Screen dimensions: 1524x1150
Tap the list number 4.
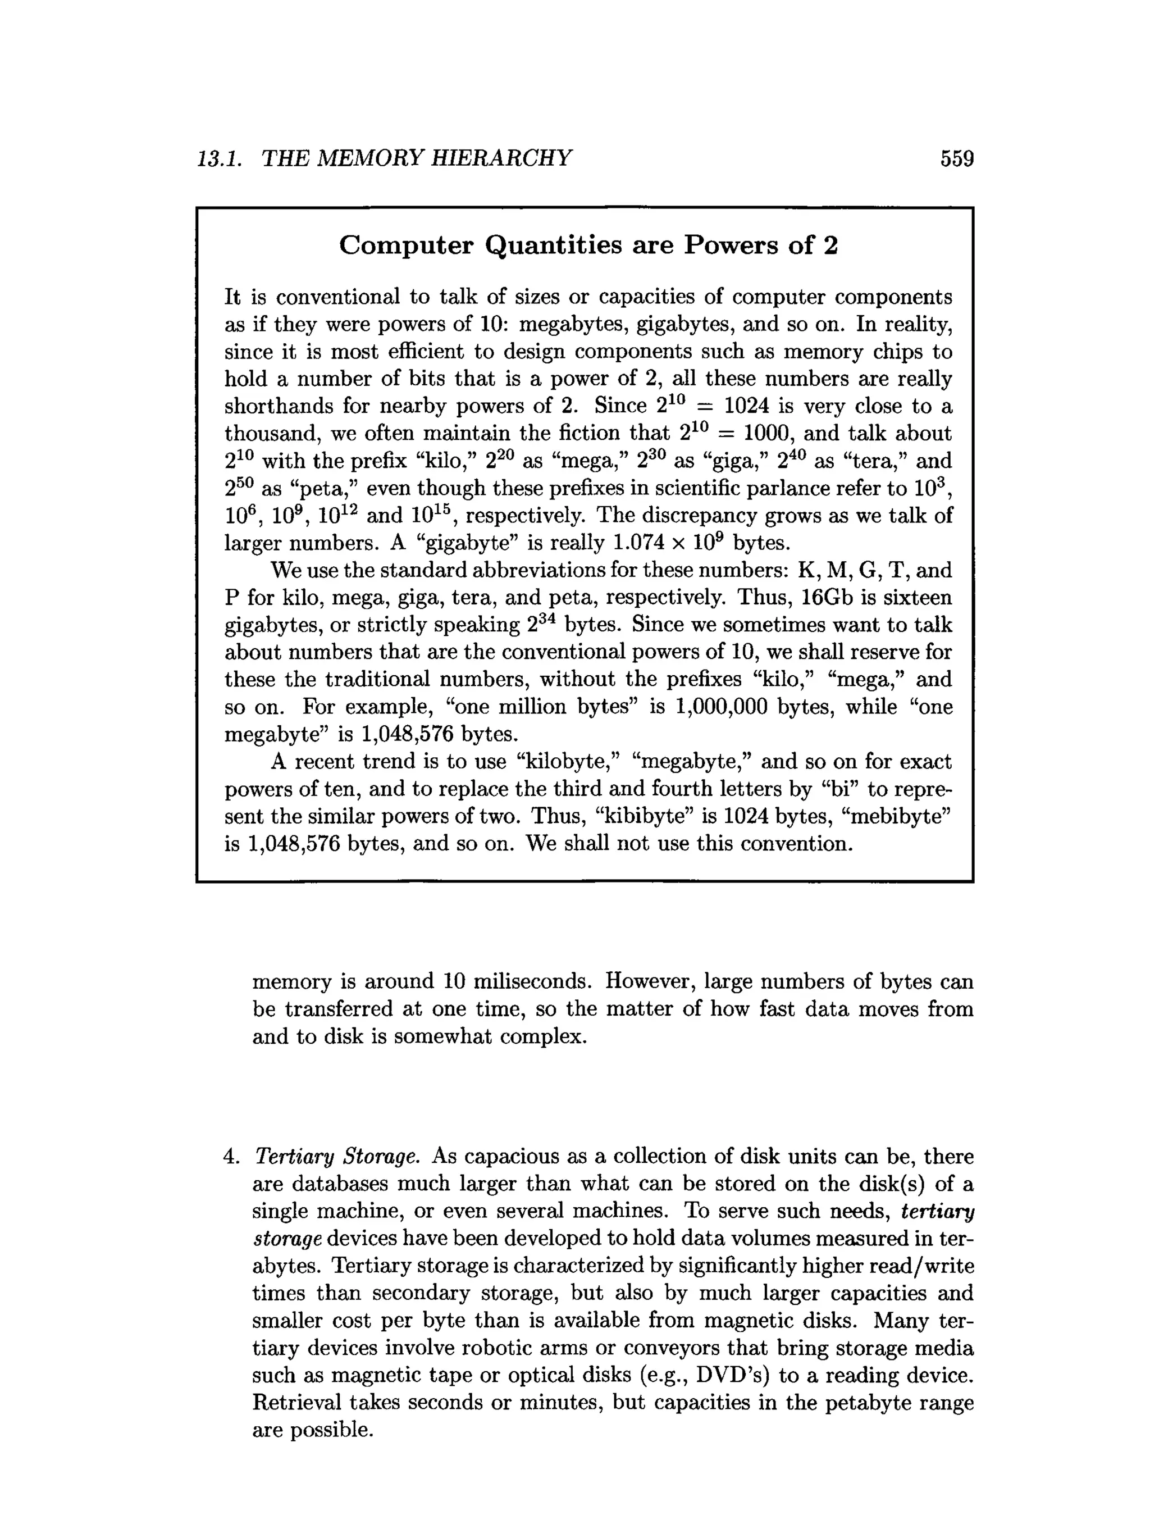[231, 1157]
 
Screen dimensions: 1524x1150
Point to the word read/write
[921, 1266]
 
